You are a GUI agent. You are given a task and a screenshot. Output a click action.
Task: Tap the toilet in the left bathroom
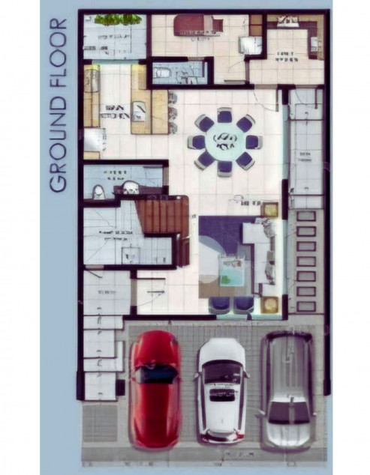click(98, 192)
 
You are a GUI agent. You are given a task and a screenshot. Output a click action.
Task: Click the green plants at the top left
click(113, 19)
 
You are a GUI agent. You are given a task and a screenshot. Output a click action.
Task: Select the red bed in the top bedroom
click(198, 26)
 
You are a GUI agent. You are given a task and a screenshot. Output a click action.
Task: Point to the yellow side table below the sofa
click(270, 303)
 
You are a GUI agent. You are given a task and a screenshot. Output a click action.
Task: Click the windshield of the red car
click(155, 375)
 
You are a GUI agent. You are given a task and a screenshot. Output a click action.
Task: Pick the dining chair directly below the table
click(224, 166)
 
